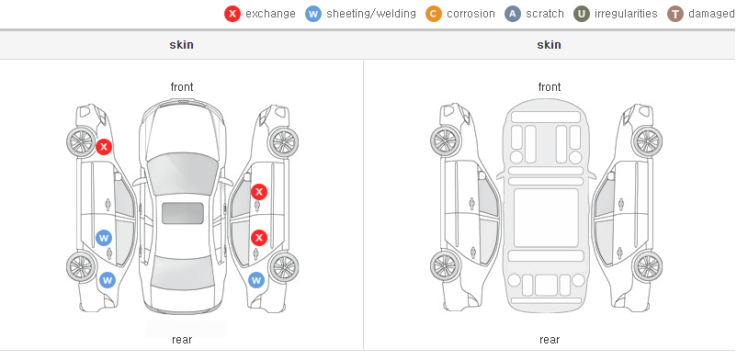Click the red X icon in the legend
(x=232, y=14)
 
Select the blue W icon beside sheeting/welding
(x=313, y=14)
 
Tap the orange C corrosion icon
(x=434, y=14)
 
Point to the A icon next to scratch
(x=513, y=14)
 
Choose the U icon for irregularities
(x=582, y=14)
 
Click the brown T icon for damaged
(x=675, y=14)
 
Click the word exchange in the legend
(x=270, y=14)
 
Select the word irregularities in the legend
(x=626, y=14)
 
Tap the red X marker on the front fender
(x=104, y=147)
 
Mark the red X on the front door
(x=259, y=192)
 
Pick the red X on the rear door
(x=259, y=238)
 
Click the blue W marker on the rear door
(x=104, y=238)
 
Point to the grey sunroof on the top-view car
(x=183, y=213)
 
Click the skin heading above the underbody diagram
(x=549, y=45)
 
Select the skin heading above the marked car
(x=181, y=45)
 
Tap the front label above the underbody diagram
(x=550, y=87)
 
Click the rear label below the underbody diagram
(x=550, y=340)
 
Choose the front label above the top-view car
(x=182, y=87)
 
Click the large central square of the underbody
(x=546, y=218)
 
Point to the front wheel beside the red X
(x=80, y=141)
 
